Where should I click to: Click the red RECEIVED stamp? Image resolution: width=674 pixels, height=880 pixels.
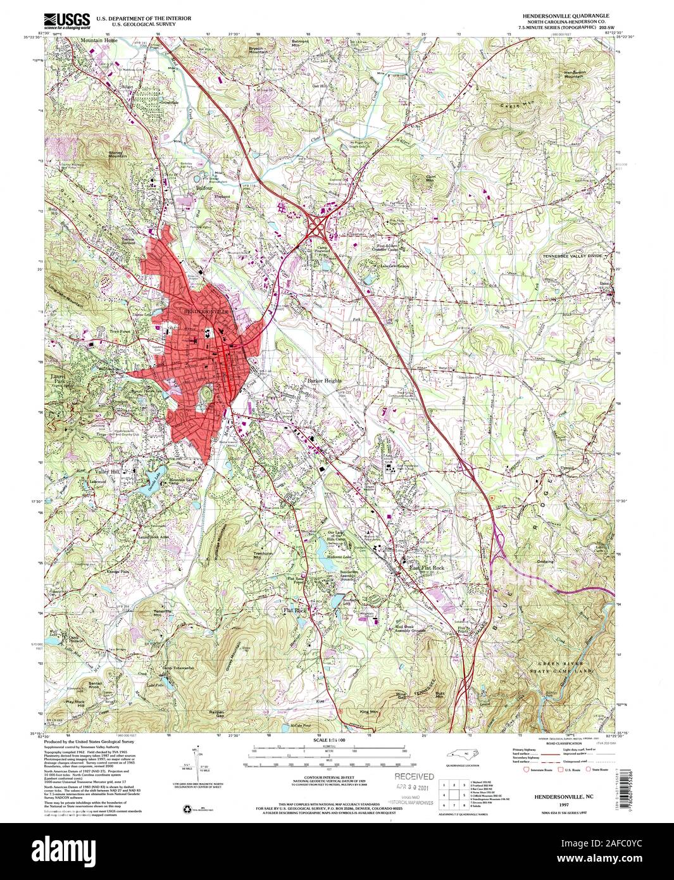(415, 776)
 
